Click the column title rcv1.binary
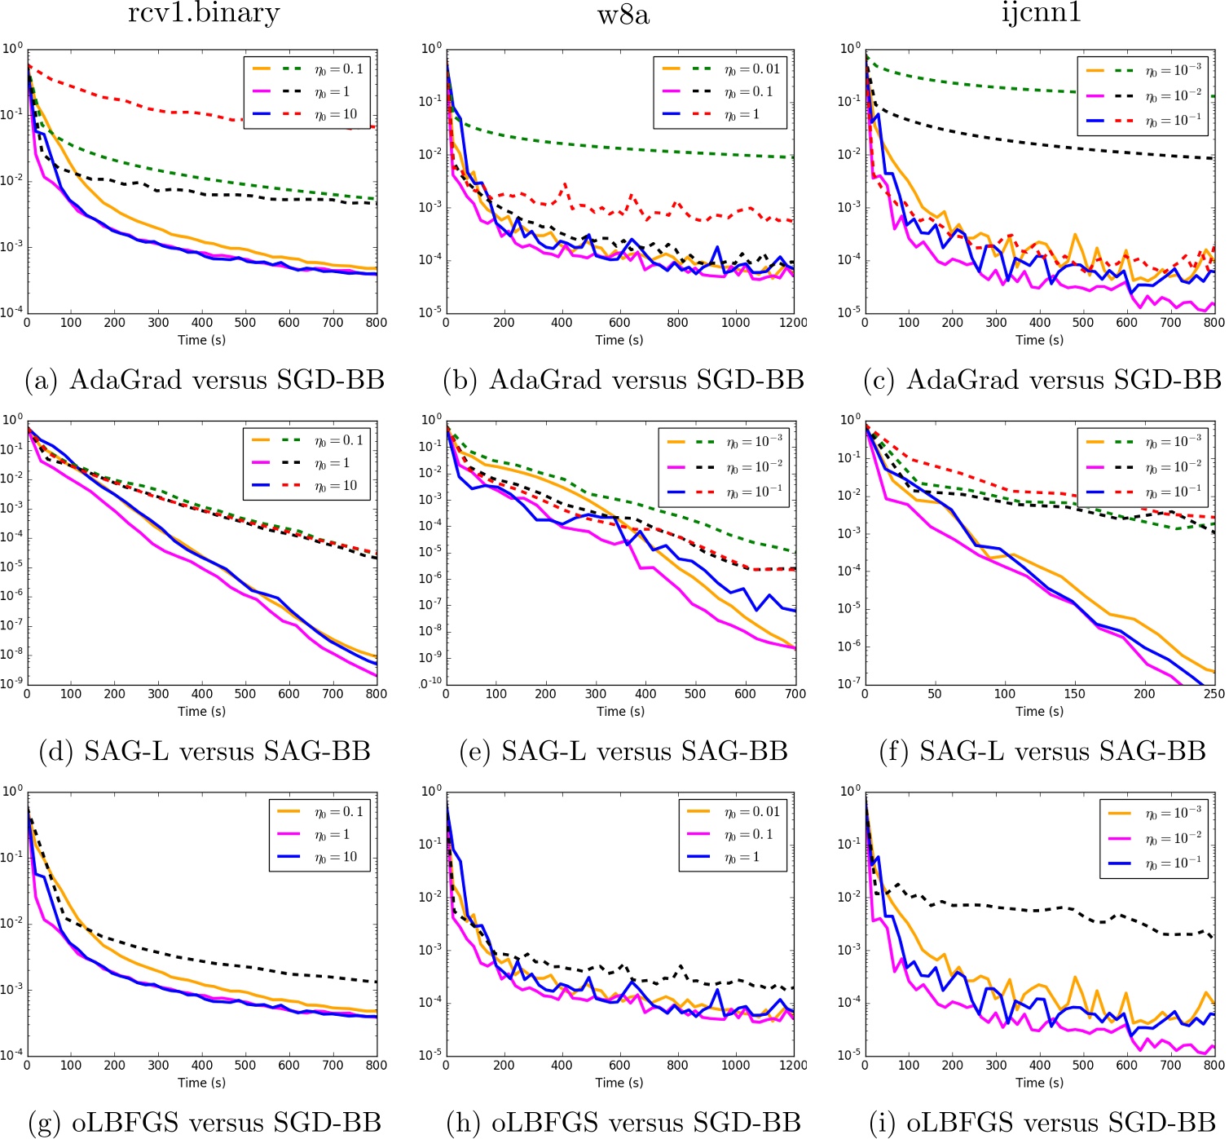[x=204, y=14]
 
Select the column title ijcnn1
[x=1041, y=14]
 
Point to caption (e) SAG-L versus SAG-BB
[x=623, y=751]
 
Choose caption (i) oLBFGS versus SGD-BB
[x=1042, y=1123]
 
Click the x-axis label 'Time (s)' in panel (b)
[x=619, y=340]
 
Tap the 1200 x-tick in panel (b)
[x=793, y=323]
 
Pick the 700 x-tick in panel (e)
[x=795, y=694]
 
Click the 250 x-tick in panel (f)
[x=1214, y=694]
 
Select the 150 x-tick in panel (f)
[x=1074, y=694]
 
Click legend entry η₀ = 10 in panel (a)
[x=337, y=115]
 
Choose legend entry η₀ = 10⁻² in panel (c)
[x=1174, y=96]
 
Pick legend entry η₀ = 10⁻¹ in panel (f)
[x=1174, y=492]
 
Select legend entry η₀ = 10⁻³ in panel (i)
[x=1174, y=813]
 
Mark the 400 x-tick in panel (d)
[x=201, y=694]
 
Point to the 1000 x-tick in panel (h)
[x=735, y=1065]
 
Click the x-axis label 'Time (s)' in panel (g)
[x=201, y=1083]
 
